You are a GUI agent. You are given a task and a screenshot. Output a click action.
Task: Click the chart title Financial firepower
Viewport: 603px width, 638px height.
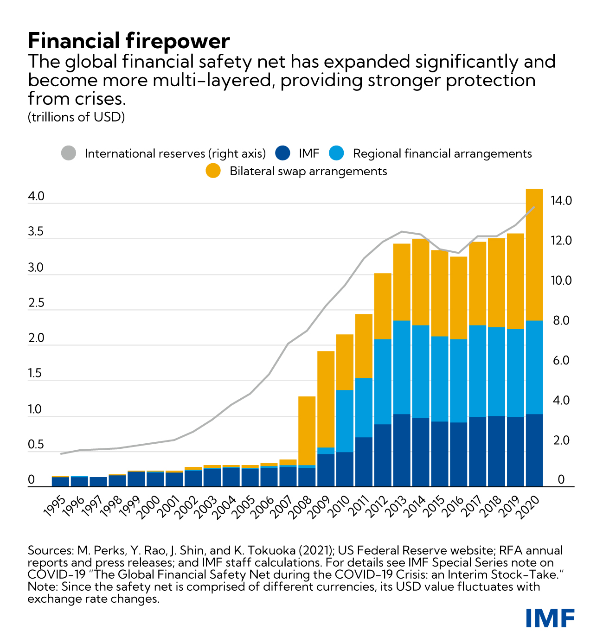pos(128,41)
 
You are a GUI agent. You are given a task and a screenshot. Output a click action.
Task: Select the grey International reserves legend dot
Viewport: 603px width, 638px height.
pos(69,153)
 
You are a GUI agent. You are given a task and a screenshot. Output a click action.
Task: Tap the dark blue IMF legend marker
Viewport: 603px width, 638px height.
pos(282,153)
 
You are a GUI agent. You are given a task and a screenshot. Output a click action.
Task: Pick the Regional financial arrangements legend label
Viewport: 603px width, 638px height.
pos(442,153)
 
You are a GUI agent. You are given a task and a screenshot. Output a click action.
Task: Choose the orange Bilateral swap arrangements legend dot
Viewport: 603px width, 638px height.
pos(213,171)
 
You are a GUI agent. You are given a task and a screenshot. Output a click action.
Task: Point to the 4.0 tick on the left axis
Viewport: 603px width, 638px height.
pos(36,197)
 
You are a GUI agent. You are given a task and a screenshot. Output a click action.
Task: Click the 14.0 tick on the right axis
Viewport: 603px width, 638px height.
pos(561,201)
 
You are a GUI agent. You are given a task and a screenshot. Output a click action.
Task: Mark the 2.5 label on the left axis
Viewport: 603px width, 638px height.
pos(36,303)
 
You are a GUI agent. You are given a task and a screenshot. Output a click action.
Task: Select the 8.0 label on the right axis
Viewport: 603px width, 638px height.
pos(560,320)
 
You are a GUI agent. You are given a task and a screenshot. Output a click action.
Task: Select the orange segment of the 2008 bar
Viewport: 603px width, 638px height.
pos(307,430)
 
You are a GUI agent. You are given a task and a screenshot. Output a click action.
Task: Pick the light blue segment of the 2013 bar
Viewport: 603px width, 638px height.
pos(401,367)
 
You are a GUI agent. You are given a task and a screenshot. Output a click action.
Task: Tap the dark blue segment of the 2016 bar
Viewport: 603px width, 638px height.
pos(458,454)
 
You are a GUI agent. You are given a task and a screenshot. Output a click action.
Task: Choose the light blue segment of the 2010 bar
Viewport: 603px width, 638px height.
pos(345,421)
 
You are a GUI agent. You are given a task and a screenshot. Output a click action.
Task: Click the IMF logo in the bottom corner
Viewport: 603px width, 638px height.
pos(550,618)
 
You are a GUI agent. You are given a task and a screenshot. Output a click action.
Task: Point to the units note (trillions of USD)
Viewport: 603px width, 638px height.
pos(77,117)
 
